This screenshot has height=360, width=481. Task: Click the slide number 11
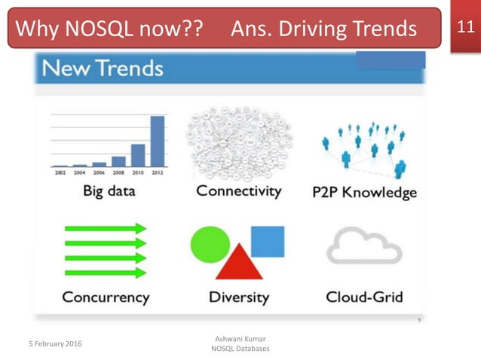[465, 29]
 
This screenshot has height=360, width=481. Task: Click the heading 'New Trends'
[103, 69]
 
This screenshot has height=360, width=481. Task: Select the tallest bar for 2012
[158, 140]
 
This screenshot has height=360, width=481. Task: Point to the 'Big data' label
[109, 191]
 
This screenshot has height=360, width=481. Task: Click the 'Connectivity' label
[240, 191]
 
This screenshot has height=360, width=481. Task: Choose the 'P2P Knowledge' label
[364, 192]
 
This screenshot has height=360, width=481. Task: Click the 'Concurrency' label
[106, 297]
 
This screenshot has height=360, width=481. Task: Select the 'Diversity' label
[238, 297]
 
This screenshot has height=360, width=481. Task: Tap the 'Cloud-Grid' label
[364, 297]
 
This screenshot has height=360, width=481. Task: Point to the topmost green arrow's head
[140, 228]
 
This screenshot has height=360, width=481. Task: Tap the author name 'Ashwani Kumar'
[240, 340]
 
